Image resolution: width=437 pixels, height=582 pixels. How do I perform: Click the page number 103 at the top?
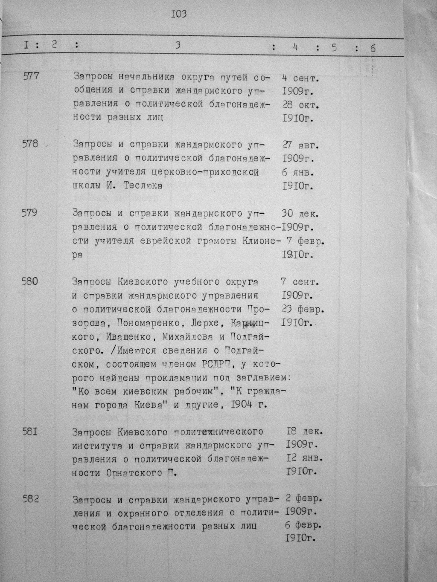[179, 14]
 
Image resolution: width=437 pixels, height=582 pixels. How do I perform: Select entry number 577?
[30, 77]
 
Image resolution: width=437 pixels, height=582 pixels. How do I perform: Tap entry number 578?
[30, 144]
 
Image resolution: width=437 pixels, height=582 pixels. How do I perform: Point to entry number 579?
[30, 212]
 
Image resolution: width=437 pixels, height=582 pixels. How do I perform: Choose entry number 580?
[30, 281]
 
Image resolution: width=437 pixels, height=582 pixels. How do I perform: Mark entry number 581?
[30, 431]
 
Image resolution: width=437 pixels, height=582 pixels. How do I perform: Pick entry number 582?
[30, 499]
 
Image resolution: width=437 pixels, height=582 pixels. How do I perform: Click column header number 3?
[178, 46]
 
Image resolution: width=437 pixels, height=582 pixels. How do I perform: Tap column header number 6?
[373, 48]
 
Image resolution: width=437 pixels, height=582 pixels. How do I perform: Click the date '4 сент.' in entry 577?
[301, 78]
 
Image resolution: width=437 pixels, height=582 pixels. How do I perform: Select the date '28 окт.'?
[301, 104]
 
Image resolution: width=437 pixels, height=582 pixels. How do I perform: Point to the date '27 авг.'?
[301, 145]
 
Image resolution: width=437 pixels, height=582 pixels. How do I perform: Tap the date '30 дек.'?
[301, 213]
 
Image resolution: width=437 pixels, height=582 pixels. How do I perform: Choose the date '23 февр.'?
[303, 308]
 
